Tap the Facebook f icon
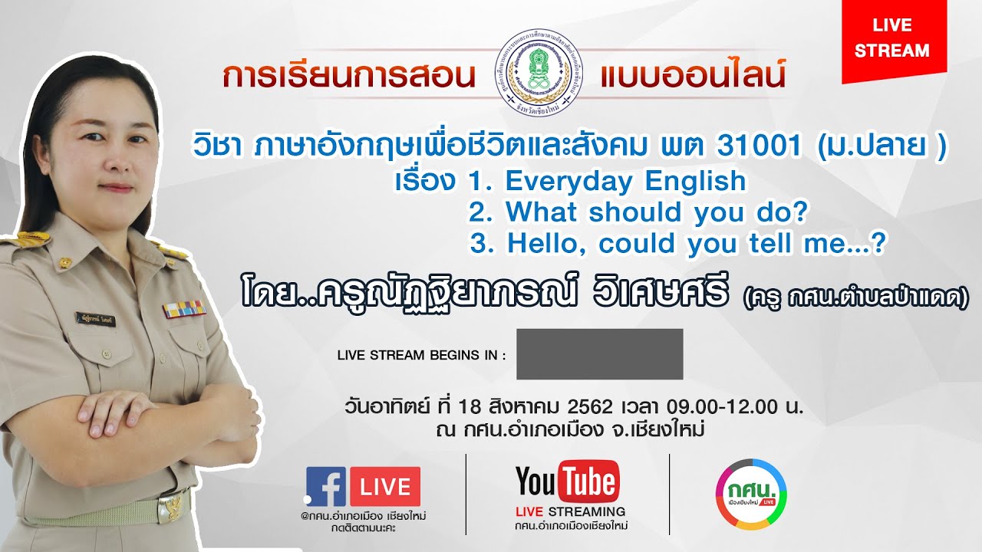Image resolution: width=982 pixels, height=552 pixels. coord(326,487)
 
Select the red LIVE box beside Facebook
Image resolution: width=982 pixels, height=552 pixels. coord(384,487)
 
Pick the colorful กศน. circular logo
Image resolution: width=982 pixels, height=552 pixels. coord(750,495)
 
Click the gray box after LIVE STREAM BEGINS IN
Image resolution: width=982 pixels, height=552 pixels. coord(599,354)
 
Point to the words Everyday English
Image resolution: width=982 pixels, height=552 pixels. coord(625,181)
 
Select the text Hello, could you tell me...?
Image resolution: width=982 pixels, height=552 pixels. coord(697,244)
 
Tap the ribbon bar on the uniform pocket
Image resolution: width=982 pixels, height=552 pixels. coord(183,309)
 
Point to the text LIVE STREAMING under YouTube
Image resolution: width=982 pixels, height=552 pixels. coord(571,511)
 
